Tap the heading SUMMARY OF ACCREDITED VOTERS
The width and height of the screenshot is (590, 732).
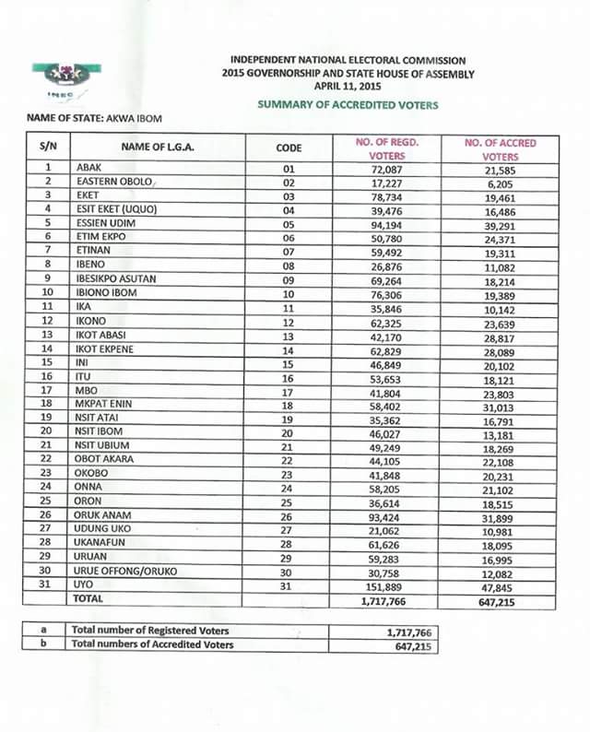[x=348, y=105]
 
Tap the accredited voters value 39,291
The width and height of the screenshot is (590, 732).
[x=501, y=224]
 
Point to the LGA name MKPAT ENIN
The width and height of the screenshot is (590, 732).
[x=107, y=405]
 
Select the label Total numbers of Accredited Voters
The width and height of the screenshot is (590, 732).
[x=153, y=645]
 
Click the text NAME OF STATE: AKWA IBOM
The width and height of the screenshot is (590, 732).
[x=91, y=121]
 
